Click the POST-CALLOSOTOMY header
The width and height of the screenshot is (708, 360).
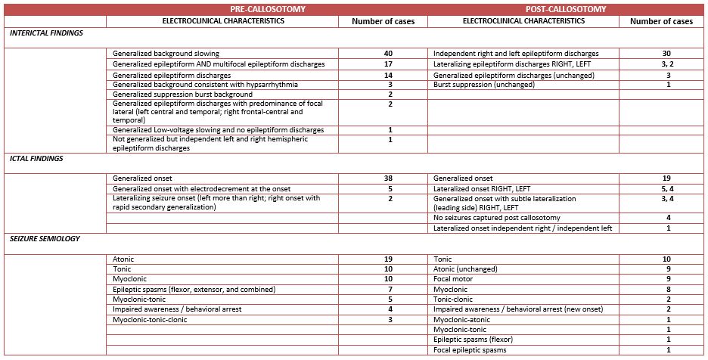click(x=567, y=9)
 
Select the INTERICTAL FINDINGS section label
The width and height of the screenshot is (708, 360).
click(x=47, y=33)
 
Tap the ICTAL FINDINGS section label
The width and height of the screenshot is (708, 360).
click(x=37, y=159)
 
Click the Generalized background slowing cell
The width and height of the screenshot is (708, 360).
click(x=166, y=54)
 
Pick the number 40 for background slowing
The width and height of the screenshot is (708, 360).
click(x=388, y=54)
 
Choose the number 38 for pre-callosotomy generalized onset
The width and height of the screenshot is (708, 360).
click(x=388, y=178)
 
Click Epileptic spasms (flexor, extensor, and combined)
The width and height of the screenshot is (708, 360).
click(x=194, y=290)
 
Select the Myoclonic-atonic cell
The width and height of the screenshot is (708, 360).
click(x=461, y=320)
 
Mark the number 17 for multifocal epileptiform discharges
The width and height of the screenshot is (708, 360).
click(x=388, y=64)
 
